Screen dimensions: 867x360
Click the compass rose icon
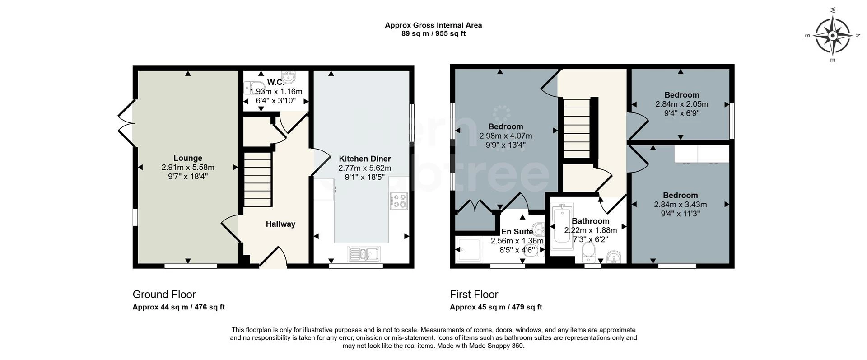click(833, 35)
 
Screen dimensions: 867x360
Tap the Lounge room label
click(188, 158)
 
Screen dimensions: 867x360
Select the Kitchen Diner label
click(365, 159)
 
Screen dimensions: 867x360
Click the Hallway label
click(280, 224)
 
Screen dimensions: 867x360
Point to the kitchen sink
click(364, 254)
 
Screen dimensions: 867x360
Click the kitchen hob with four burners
click(399, 201)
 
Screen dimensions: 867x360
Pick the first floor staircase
click(577, 128)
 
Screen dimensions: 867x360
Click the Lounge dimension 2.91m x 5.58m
click(188, 167)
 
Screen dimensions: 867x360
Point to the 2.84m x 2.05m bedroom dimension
click(682, 104)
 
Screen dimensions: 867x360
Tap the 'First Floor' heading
click(474, 295)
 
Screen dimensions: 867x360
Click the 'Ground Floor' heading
click(164, 295)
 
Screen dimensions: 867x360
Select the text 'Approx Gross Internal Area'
click(433, 25)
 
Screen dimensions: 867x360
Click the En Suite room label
click(517, 232)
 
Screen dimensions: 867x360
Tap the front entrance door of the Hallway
click(273, 257)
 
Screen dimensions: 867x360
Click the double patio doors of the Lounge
click(126, 122)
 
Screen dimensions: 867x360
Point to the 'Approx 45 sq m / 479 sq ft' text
click(496, 307)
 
